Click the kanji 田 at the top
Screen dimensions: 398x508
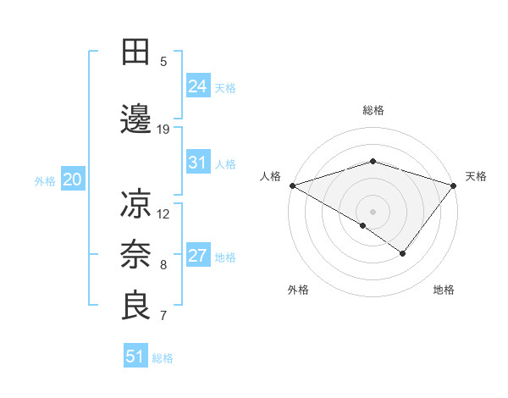click(x=136, y=53)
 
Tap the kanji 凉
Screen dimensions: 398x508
click(x=136, y=204)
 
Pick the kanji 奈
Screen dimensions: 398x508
click(x=136, y=255)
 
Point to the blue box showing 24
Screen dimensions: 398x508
click(x=197, y=86)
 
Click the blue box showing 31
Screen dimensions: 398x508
click(x=197, y=163)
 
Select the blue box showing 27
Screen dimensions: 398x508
click(x=197, y=256)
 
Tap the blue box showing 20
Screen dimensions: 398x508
click(x=73, y=180)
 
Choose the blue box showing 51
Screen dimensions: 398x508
click(x=135, y=357)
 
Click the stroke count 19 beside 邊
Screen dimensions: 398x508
click(x=163, y=130)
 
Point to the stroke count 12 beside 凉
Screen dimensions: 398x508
click(x=163, y=213)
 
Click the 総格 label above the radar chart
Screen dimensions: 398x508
click(x=373, y=110)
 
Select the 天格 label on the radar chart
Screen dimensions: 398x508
click(x=476, y=176)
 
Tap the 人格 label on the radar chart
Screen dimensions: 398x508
click(x=270, y=176)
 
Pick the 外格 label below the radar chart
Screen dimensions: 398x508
click(x=298, y=290)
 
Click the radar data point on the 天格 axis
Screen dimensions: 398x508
click(x=454, y=185)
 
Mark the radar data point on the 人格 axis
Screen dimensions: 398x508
click(x=292, y=185)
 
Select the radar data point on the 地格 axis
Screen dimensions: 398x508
click(x=403, y=253)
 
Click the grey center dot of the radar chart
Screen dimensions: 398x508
click(x=373, y=211)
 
